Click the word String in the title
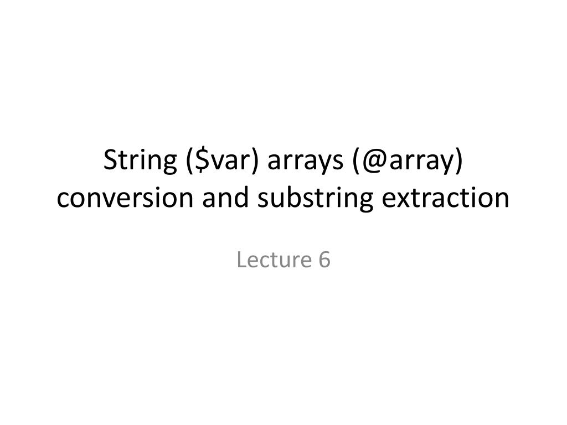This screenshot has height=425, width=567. click(140, 160)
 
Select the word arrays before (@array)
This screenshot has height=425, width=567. click(300, 160)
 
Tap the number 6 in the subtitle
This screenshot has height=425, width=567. click(324, 260)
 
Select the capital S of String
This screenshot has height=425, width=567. click(110, 160)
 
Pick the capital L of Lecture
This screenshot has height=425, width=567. click(241, 260)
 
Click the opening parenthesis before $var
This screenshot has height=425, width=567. click(184, 160)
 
